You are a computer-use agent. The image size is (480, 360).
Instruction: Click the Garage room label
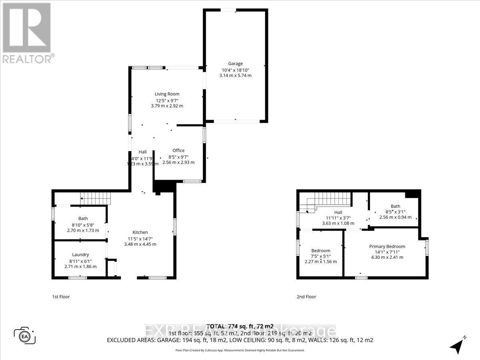point(235,64)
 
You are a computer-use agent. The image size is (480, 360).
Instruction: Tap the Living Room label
point(167,94)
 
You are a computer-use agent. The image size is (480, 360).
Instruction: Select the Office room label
point(178,150)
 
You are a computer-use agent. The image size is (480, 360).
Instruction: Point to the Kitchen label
point(140,232)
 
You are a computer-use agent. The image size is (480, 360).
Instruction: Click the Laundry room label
point(80,254)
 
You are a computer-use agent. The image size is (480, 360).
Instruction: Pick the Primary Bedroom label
point(387,246)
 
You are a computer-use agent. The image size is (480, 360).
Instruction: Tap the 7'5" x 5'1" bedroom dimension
point(321,256)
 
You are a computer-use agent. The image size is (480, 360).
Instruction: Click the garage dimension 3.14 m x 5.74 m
point(235,75)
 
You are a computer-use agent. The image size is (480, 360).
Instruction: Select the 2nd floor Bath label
point(395,206)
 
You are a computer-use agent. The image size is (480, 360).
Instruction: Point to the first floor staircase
point(95,197)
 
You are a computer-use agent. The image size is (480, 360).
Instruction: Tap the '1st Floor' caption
point(61,297)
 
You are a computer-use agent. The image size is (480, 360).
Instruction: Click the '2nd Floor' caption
point(306,297)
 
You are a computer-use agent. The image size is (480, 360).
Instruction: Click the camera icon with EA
point(25,335)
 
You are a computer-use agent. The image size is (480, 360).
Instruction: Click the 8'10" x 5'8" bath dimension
point(83,224)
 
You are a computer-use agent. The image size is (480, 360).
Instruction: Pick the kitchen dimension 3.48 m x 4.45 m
point(140,244)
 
